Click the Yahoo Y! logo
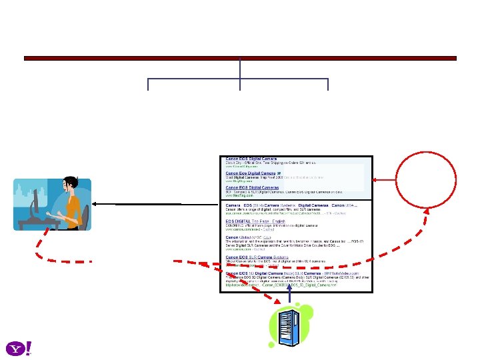click(x=19, y=348)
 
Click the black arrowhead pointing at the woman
click(x=95, y=203)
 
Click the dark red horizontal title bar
click(x=240, y=59)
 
